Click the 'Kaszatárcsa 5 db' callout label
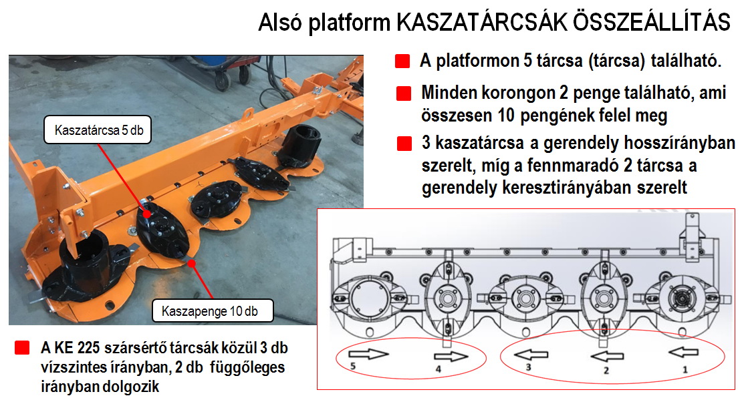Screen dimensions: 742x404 98,130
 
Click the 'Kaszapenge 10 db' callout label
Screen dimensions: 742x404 213,311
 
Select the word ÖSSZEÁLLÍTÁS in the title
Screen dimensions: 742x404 652,22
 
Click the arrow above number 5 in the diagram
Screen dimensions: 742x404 368,353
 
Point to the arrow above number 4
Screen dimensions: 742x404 451,357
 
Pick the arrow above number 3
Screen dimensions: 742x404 531,355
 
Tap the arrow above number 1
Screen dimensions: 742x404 684,352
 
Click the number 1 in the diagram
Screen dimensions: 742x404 685,369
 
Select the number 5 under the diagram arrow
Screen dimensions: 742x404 352,366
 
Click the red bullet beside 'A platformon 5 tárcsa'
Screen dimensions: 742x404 402,61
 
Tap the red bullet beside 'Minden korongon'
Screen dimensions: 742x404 404,93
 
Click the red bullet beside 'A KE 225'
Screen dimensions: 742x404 22,348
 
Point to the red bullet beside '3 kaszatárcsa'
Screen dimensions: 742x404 404,144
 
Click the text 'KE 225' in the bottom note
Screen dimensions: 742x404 77,349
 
